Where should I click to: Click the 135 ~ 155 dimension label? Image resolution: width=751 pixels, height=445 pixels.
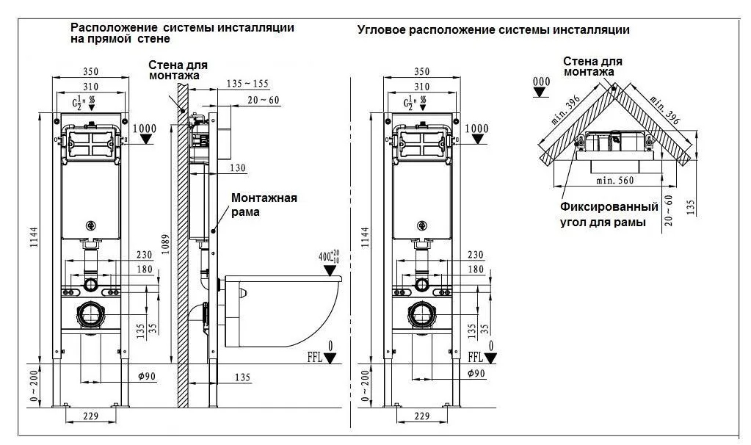pos(247,84)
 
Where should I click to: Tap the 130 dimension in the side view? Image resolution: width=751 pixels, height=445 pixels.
pos(238,168)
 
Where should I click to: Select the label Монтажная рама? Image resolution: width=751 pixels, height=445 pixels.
pos(264,205)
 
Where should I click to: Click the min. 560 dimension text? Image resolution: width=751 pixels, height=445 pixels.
pos(615,181)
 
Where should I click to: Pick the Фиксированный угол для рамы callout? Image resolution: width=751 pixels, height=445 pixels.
pos(609,214)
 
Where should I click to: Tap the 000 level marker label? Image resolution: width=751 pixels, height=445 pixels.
pos(541,82)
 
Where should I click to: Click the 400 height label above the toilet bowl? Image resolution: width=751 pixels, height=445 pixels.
pos(329,257)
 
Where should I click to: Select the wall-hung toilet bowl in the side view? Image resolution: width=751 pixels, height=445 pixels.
pos(283,311)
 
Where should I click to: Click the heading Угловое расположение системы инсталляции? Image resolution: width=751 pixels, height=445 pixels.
pos(493,30)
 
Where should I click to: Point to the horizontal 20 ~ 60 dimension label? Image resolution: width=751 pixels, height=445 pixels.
pos(264,100)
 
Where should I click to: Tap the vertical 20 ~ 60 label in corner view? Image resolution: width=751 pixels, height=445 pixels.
pos(669,210)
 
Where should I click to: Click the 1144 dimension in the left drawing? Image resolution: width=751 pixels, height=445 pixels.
pos(34,237)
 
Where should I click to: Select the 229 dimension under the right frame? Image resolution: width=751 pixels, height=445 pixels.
pos(421,416)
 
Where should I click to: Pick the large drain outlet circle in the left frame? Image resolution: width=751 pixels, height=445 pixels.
pos(90,315)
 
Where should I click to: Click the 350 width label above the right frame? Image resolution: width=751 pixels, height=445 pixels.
pos(421,71)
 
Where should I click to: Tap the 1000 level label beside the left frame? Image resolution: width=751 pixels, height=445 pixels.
pos(145,129)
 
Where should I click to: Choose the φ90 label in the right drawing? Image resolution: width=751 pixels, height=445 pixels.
pos(476,373)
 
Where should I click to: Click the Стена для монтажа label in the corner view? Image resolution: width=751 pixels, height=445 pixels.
pos(592,67)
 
